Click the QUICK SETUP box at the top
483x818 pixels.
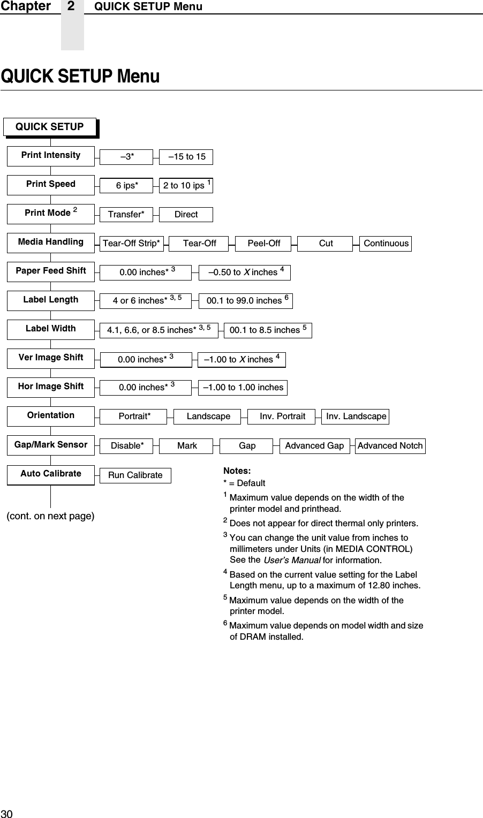pyautogui.click(x=50, y=127)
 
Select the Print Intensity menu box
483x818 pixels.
pyautogui.click(x=51, y=155)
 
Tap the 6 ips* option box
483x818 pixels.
pyautogui.click(x=127, y=185)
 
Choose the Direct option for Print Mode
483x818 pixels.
pyautogui.click(x=186, y=214)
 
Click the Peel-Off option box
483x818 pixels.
pyautogui.click(x=263, y=244)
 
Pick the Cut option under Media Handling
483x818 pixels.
pyautogui.click(x=326, y=244)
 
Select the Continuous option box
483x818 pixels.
pyautogui.click(x=386, y=244)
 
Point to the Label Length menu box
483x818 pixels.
pyautogui.click(x=51, y=300)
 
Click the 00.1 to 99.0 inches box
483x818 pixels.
pyautogui.click(x=246, y=301)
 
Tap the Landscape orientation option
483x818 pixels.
pyautogui.click(x=208, y=416)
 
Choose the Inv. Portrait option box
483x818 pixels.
pyautogui.click(x=282, y=416)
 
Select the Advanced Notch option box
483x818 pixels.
pyautogui.click(x=390, y=445)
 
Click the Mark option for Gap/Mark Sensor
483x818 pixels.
pyautogui.click(x=187, y=445)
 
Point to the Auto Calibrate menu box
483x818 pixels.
pyautogui.click(x=51, y=474)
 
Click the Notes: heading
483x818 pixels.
pyautogui.click(x=237, y=471)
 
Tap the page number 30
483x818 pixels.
pyautogui.click(x=6, y=813)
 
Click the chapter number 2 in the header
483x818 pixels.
pyautogui.click(x=72, y=6)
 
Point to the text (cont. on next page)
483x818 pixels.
pyautogui.click(x=50, y=517)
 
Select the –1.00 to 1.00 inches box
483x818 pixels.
pyautogui.click(x=243, y=388)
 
